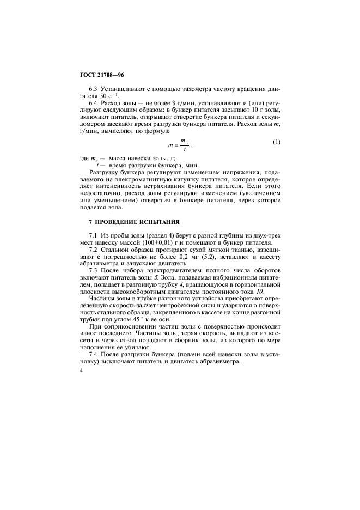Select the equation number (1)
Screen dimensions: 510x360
pos(276,143)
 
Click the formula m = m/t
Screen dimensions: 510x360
pos(180,144)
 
